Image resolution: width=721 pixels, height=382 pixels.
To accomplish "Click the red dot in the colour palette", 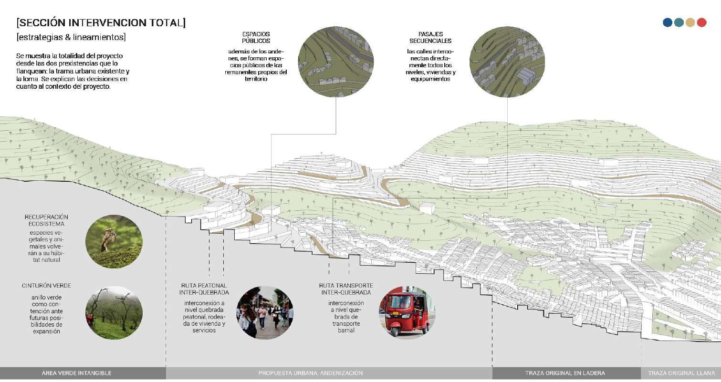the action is [701, 22].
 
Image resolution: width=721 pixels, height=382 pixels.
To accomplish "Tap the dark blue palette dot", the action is [668, 22].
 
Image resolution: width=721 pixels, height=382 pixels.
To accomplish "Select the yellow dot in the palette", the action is [690, 22].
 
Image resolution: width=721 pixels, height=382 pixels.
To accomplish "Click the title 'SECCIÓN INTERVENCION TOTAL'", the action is [101, 22].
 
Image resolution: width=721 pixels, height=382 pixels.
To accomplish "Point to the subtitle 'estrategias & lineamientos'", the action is [71, 37].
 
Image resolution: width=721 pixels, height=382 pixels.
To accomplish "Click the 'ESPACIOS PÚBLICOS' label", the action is [256, 38].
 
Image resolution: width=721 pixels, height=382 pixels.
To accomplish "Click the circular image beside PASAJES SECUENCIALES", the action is [506, 62].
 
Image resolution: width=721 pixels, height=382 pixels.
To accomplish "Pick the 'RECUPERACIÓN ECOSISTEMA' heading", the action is [46, 220].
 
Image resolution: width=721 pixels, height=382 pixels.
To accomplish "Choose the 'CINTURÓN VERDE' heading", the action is [46, 286].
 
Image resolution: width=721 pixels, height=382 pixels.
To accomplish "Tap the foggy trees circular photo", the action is [114, 312].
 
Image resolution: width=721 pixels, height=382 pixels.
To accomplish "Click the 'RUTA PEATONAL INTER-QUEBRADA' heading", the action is [204, 289].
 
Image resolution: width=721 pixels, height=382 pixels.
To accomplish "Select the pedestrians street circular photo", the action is [265, 312].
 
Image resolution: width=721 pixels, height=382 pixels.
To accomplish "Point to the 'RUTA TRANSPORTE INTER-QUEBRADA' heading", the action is [346, 289].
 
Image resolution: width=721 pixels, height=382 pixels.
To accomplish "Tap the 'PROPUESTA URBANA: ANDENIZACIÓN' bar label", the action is [311, 373].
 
